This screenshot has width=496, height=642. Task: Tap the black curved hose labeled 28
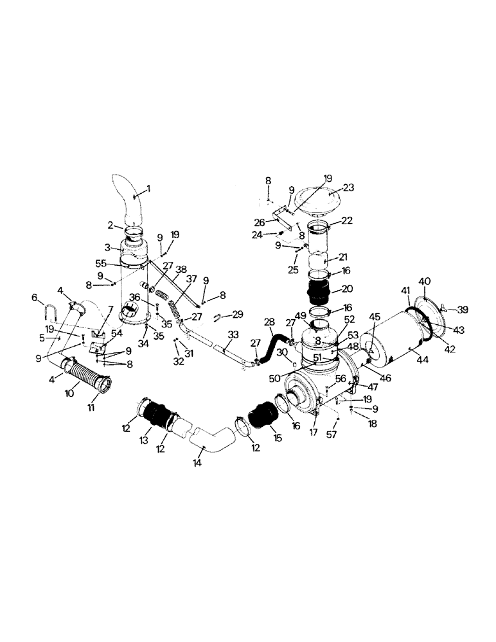coord(270,343)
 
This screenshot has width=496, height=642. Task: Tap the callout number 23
coord(349,189)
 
